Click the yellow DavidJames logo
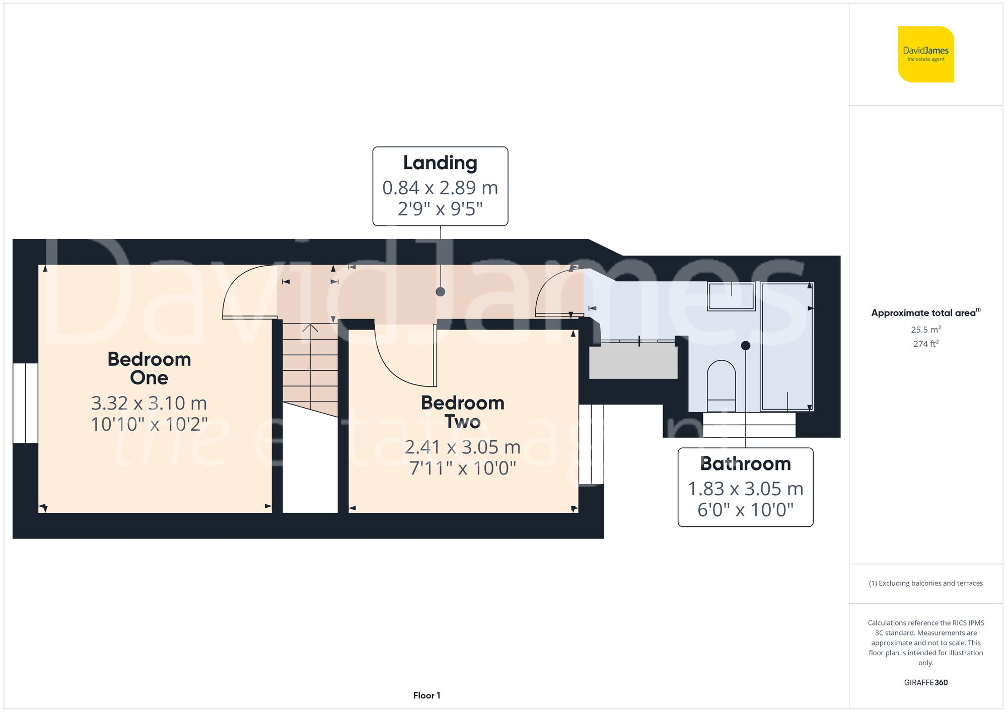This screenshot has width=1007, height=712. [925, 54]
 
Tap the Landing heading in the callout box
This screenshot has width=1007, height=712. [440, 163]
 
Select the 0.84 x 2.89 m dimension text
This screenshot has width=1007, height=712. [440, 188]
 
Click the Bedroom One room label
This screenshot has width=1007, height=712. [149, 368]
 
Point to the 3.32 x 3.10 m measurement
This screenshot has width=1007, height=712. [149, 403]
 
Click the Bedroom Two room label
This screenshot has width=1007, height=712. [462, 412]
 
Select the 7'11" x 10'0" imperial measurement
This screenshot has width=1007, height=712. [462, 468]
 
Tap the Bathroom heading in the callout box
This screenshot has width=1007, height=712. [745, 464]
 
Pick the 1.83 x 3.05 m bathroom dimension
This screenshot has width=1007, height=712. [745, 489]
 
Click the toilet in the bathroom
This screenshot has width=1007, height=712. [721, 385]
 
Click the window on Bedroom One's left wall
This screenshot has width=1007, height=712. [25, 403]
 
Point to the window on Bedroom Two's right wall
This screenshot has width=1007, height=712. [591, 444]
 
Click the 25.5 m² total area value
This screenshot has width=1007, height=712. [925, 330]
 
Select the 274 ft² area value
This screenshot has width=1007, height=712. [925, 344]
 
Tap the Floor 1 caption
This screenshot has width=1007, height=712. [426, 695]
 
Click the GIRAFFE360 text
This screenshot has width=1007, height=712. [925, 683]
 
